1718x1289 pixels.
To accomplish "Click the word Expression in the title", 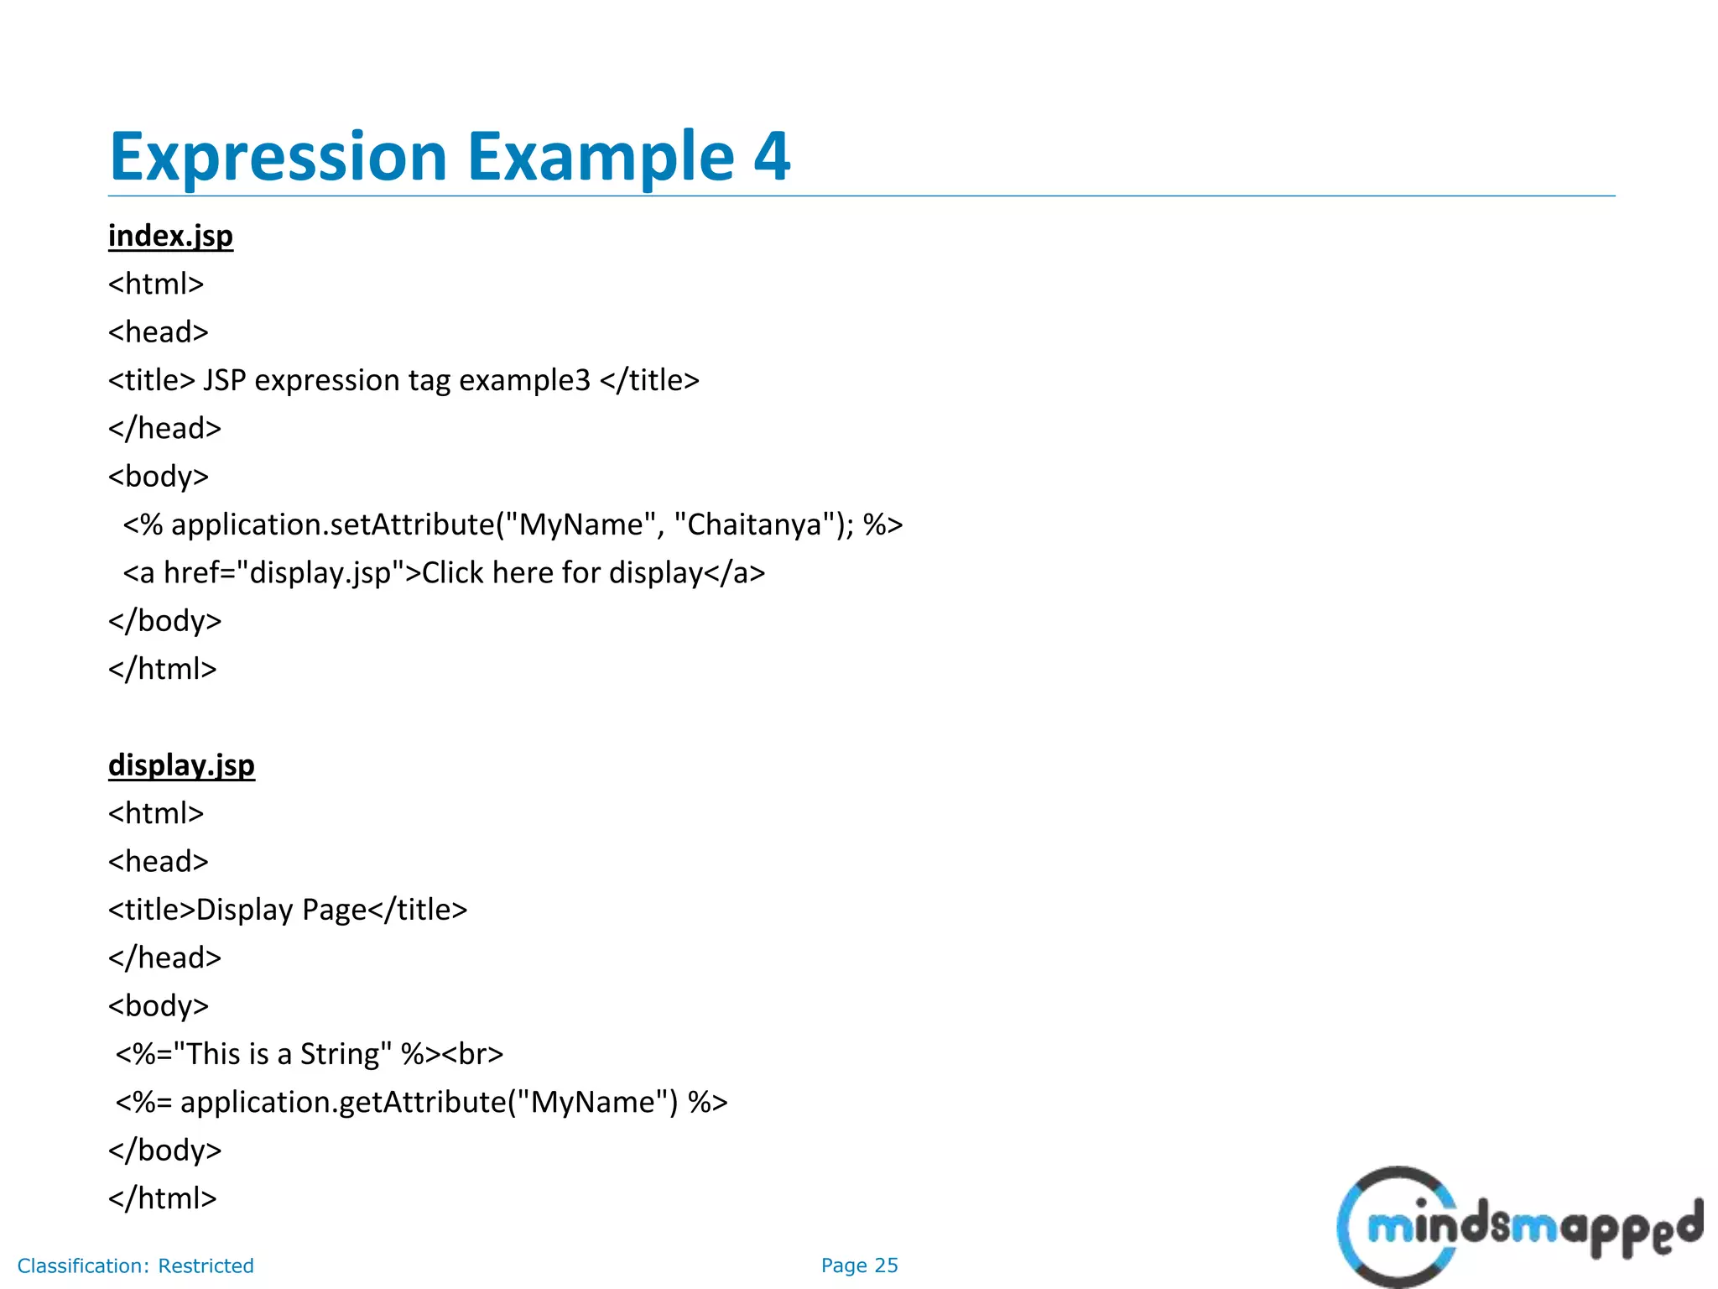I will [278, 157].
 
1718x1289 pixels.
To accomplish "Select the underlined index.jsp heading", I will [170, 236].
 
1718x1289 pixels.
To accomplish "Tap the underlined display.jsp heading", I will [181, 765].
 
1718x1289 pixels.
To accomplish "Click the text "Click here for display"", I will [562, 572].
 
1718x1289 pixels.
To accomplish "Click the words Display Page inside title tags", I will [281, 910].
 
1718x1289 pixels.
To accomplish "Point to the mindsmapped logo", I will [1518, 1227].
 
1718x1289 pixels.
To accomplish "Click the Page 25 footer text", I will [859, 1266].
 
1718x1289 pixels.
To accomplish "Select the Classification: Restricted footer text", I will [135, 1266].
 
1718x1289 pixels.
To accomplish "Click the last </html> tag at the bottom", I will [162, 1198].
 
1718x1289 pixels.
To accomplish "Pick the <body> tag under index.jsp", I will [158, 477].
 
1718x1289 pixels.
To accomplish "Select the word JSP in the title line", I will [224, 380].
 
